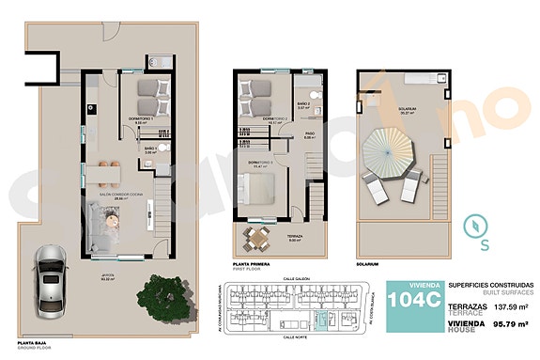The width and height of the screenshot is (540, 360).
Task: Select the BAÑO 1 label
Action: click(150, 148)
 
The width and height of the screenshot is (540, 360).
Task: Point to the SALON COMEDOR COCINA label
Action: click(120, 194)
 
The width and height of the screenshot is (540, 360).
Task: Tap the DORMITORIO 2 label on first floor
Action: click(275, 117)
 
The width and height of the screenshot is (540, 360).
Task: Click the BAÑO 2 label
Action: click(303, 103)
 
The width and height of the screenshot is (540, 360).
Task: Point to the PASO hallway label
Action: click(308, 133)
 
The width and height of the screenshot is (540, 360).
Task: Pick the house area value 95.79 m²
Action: click(511, 324)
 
